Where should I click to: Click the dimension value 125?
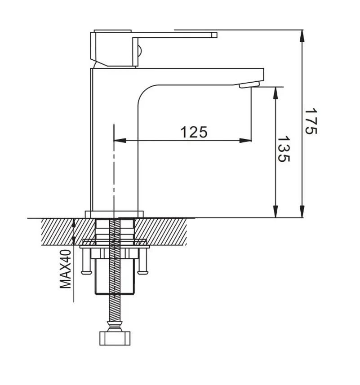(x=194, y=132)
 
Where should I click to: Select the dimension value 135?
(x=283, y=150)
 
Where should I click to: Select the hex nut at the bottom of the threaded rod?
(x=115, y=337)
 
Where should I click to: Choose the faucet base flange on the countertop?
(x=114, y=214)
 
